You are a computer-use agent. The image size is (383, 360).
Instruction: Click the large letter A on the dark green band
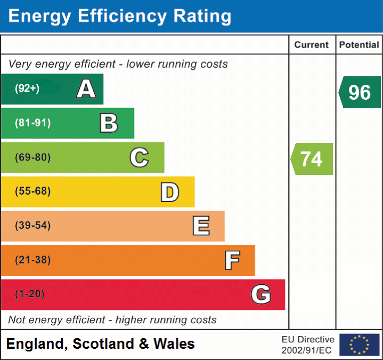(86, 89)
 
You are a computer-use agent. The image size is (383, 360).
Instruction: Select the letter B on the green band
(109, 123)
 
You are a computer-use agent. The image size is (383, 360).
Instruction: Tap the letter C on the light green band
(139, 157)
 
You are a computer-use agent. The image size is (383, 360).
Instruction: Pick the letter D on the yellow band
(169, 191)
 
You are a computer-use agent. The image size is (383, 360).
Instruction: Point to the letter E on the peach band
(201, 226)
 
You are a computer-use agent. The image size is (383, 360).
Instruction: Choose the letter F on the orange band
(232, 260)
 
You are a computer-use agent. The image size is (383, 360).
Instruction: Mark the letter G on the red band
(261, 294)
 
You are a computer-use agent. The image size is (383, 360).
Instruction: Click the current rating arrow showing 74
(312, 159)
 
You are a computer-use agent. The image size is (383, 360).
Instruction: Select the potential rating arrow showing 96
(360, 92)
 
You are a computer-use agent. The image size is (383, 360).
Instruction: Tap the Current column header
(312, 45)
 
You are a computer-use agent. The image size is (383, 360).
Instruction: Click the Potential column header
(359, 45)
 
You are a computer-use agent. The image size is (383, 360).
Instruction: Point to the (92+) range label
(27, 89)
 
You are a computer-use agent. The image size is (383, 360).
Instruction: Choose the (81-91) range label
(33, 123)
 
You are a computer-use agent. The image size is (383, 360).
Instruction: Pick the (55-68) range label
(33, 191)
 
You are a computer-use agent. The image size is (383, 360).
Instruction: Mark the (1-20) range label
(30, 294)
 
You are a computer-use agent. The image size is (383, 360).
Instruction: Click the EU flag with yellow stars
(359, 345)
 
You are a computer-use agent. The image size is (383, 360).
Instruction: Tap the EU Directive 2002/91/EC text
(308, 345)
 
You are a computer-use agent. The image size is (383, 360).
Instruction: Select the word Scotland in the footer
(103, 344)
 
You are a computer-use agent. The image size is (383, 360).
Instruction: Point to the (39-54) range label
(33, 226)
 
